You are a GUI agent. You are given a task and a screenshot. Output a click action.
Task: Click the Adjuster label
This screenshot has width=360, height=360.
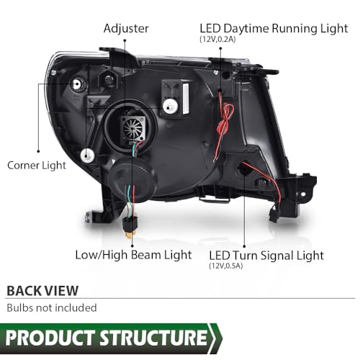[126, 29]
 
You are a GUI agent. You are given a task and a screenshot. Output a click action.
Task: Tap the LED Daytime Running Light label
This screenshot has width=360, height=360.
[274, 29]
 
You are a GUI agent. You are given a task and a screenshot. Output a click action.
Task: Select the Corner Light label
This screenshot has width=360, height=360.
[37, 166]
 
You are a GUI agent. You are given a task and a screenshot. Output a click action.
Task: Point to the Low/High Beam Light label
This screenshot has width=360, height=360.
[133, 255]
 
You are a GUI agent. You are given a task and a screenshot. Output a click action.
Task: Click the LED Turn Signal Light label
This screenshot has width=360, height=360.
[266, 256]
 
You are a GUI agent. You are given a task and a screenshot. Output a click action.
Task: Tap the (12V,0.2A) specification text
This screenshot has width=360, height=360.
[217, 40]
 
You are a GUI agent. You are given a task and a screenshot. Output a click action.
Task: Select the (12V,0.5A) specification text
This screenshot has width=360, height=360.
[226, 266]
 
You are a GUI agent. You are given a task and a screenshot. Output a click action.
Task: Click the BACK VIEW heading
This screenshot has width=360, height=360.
[42, 291]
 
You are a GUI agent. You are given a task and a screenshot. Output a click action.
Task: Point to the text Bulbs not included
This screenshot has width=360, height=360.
[52, 308]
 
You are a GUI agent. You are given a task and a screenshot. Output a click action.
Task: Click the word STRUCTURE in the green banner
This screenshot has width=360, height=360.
[153, 338]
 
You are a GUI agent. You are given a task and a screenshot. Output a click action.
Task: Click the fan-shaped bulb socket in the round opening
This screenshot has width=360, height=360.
[133, 128]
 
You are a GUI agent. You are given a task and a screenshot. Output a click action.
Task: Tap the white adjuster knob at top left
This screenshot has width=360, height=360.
[78, 84]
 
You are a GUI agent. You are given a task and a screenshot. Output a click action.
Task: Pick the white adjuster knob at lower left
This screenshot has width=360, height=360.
[87, 156]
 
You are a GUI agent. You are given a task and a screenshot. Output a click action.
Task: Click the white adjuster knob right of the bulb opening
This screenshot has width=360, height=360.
[170, 106]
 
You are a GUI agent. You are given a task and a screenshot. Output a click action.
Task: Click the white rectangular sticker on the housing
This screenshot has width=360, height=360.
[186, 99]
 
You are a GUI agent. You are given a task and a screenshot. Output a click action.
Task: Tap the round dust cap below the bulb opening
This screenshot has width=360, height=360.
[132, 179]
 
